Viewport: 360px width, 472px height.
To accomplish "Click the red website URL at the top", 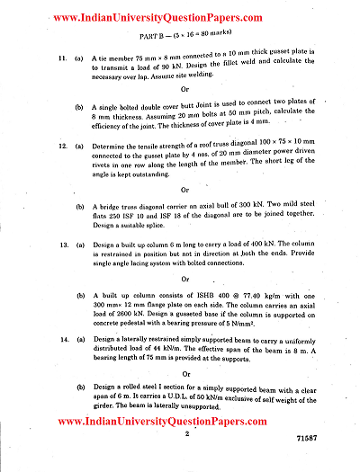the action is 180,17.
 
